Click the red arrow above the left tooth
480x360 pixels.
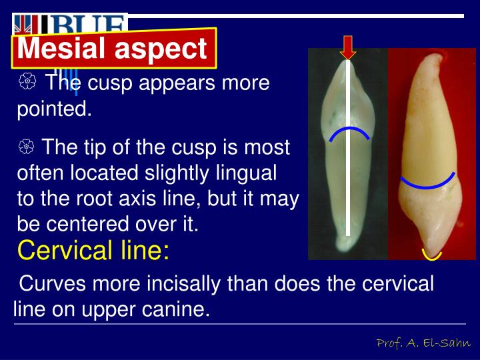[348, 47]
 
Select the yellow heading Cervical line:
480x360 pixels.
[93, 251]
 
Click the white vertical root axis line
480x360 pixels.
[347, 167]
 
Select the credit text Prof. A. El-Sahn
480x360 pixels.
[423, 343]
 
